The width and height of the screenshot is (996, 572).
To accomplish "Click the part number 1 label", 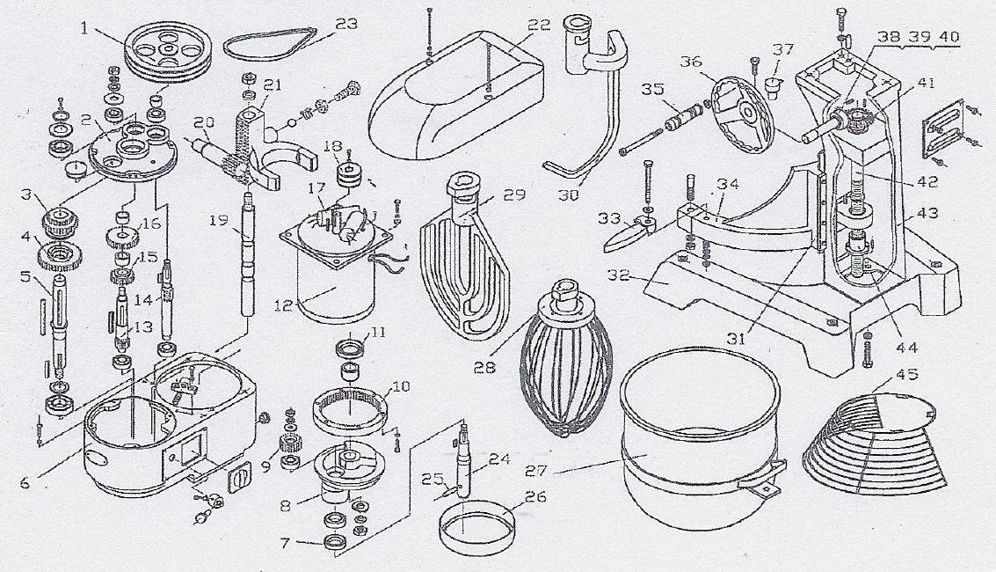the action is [84, 27].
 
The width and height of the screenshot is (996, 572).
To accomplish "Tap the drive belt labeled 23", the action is [270, 55].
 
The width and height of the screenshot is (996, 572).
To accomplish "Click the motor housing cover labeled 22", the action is [456, 95].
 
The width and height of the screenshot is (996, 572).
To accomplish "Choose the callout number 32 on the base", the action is [618, 276].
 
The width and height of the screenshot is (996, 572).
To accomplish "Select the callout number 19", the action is [219, 221].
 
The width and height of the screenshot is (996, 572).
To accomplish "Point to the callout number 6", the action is [25, 483].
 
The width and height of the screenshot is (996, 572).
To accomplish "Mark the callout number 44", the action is [906, 347].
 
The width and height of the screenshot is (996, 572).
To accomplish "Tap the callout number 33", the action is [609, 218].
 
